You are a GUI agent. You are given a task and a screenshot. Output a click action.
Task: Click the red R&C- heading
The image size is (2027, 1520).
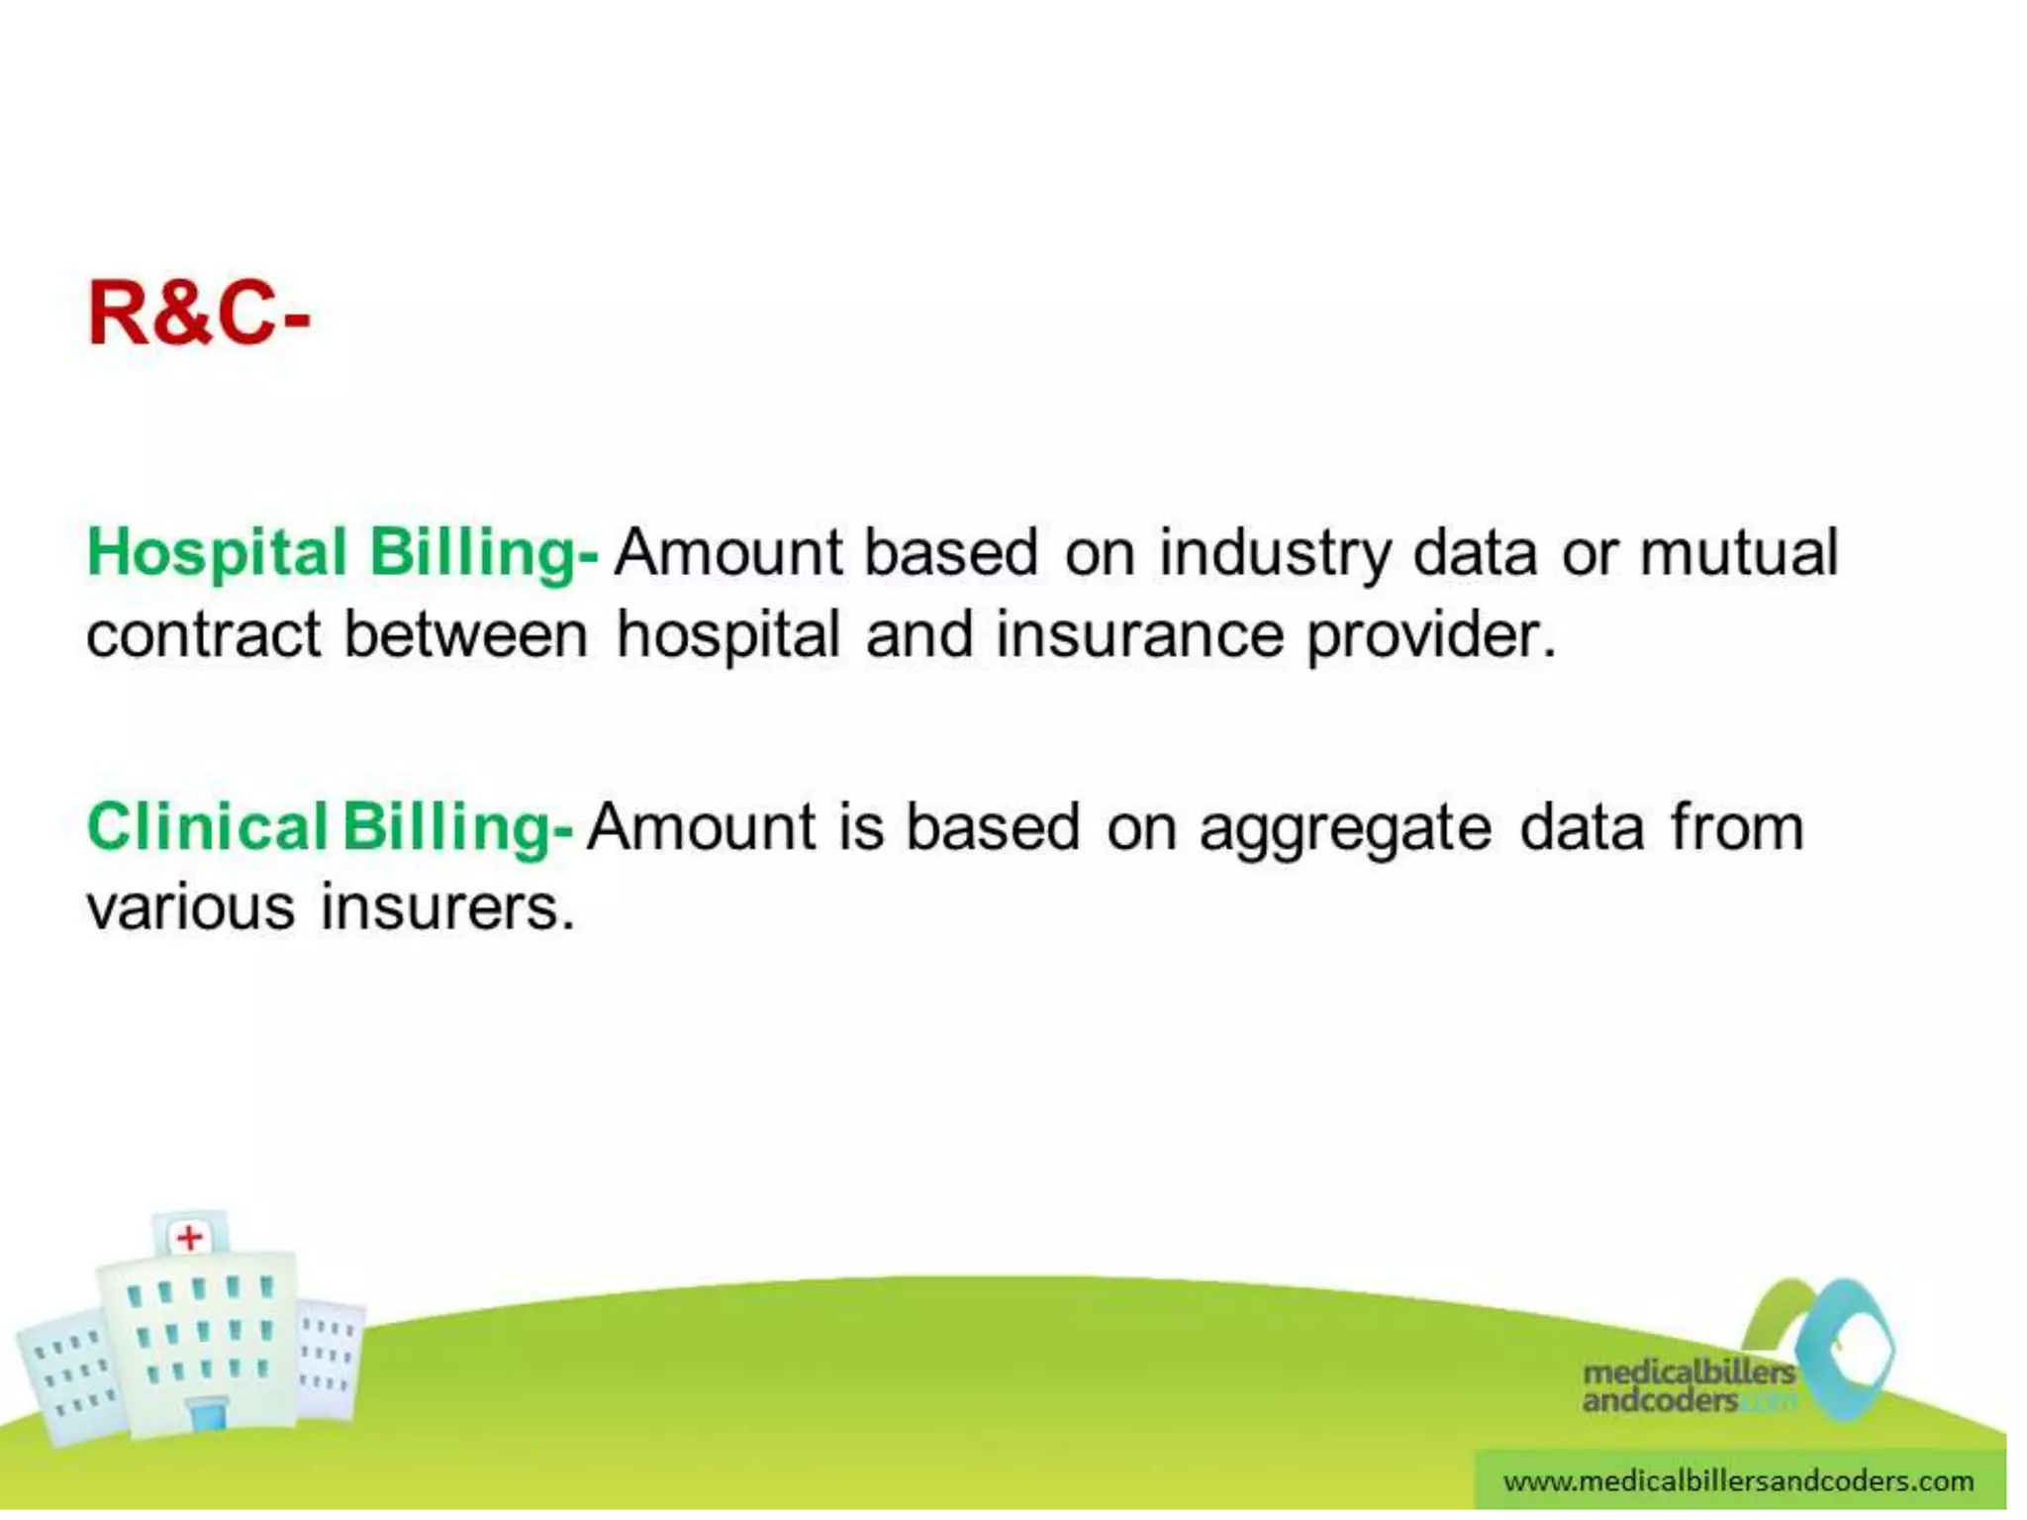(x=198, y=315)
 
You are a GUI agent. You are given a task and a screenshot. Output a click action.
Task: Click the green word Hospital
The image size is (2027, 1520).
(x=217, y=552)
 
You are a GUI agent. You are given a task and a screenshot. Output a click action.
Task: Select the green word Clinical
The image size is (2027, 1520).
(x=207, y=826)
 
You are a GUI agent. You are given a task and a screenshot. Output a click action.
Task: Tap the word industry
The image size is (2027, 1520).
(x=1275, y=552)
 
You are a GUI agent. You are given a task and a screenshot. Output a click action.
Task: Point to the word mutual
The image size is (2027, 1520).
(x=1738, y=552)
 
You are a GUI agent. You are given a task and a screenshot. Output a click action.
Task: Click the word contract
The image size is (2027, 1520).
(x=203, y=635)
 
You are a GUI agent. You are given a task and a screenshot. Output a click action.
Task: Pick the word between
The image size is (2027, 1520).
(x=465, y=635)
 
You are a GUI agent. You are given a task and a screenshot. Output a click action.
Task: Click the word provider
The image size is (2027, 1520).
(x=1431, y=635)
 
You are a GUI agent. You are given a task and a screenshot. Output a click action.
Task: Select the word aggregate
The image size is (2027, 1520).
(x=1345, y=828)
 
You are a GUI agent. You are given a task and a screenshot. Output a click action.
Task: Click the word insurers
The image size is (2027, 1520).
(x=447, y=907)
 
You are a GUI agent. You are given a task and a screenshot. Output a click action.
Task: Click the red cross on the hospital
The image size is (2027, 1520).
(x=189, y=1237)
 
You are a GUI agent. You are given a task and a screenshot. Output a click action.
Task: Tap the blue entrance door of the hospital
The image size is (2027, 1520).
(x=208, y=1414)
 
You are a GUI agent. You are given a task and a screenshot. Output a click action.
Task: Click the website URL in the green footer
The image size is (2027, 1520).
(x=1738, y=1481)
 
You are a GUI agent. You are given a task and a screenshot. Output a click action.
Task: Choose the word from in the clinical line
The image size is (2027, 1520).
(x=1737, y=826)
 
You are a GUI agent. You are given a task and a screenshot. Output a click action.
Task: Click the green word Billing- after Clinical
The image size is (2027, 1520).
(x=457, y=826)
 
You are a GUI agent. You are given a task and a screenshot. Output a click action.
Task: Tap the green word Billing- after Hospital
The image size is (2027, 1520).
(x=483, y=552)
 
